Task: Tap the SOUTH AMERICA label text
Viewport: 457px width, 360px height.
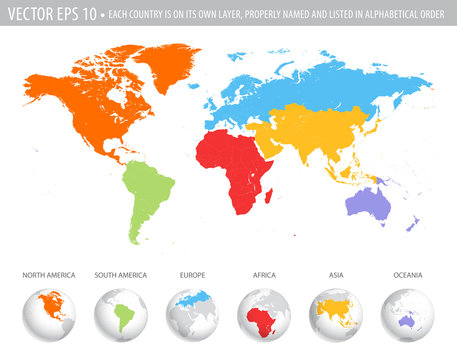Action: [120, 274]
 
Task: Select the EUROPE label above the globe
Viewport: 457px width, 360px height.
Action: [193, 274]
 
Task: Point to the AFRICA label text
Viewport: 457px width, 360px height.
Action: [265, 274]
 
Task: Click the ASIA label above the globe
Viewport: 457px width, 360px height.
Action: [337, 274]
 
